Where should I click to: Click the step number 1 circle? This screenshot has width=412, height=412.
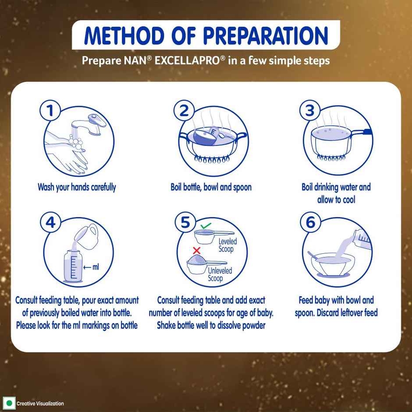[51, 111]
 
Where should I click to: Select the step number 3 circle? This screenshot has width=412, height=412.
[310, 111]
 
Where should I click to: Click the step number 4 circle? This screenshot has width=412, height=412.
[51, 223]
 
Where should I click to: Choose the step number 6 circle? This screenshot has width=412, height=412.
[310, 223]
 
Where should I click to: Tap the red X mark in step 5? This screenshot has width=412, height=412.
[197, 250]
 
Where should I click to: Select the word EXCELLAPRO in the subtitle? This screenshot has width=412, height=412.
[192, 60]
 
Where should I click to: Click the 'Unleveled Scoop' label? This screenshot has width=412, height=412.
[219, 274]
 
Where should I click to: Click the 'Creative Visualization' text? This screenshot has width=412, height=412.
[40, 404]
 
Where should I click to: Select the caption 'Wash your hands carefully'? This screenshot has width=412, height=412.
[77, 187]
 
